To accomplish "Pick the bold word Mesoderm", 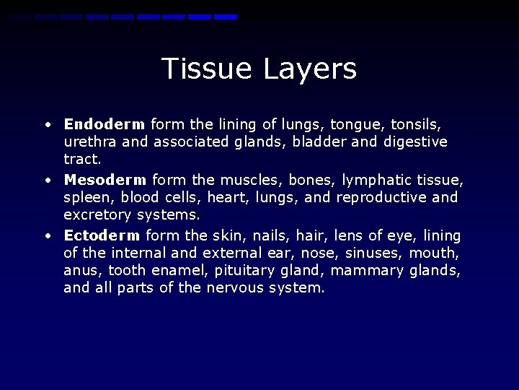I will [105, 179].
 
